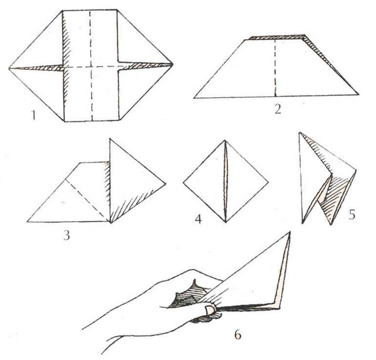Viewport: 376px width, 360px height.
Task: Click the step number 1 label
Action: [x=34, y=115]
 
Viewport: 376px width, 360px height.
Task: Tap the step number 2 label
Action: [x=277, y=109]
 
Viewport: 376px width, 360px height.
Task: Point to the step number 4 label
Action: [x=198, y=219]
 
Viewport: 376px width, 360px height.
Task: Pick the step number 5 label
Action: [x=352, y=214]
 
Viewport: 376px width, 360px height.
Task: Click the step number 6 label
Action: [x=237, y=334]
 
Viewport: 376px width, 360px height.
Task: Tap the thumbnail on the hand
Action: [x=210, y=310]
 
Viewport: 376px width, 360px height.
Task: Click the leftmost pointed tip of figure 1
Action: [x=9, y=68]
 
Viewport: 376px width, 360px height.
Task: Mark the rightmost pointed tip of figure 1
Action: [x=173, y=64]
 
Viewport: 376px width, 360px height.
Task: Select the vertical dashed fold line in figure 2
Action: [x=275, y=68]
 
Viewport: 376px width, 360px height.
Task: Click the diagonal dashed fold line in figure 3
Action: [x=87, y=200]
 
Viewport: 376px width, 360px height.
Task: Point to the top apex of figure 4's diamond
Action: [x=225, y=140]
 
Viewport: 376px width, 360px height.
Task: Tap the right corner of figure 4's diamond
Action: [x=269, y=182]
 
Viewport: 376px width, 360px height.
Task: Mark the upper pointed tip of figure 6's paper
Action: [x=290, y=232]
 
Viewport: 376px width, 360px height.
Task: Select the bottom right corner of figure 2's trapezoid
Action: [x=358, y=94]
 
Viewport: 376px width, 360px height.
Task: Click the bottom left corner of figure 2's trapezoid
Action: [x=194, y=98]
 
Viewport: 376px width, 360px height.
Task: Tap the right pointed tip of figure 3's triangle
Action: [x=166, y=184]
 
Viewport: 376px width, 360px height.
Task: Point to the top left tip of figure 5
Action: [x=299, y=132]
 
